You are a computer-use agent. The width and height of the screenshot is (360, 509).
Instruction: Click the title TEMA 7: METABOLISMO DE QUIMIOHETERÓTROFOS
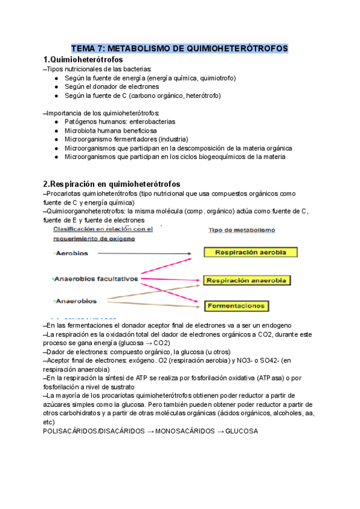(179, 48)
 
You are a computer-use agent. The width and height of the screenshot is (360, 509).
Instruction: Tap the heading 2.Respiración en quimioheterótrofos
(112, 183)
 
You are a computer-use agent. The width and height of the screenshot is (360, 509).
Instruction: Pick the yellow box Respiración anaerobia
(247, 280)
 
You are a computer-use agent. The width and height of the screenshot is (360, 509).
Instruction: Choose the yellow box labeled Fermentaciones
(236, 306)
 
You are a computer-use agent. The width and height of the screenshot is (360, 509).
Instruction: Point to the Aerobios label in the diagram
(71, 253)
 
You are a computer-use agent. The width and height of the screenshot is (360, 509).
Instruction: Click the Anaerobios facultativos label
(96, 279)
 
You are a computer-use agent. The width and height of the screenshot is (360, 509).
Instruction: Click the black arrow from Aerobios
(144, 253)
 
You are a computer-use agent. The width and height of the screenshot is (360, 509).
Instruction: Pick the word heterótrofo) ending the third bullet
(203, 95)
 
